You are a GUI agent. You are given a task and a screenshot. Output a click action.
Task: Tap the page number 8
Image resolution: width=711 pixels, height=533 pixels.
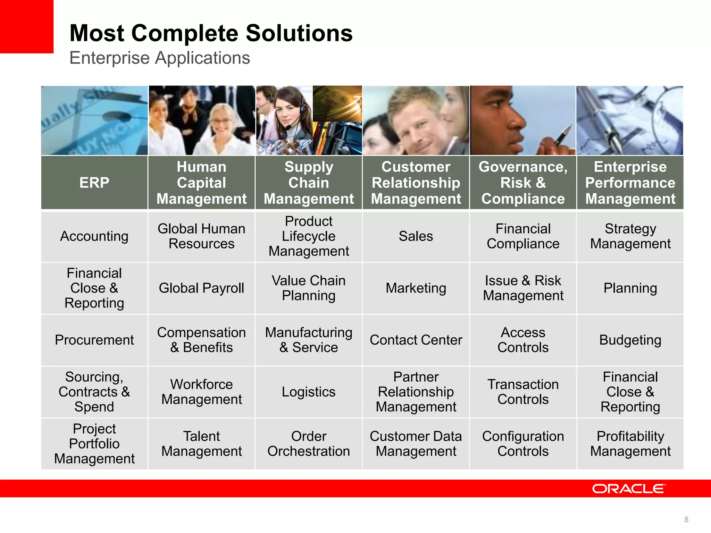coord(686,519)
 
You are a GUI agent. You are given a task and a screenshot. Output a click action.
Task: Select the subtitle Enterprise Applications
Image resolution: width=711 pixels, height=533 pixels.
coord(160,58)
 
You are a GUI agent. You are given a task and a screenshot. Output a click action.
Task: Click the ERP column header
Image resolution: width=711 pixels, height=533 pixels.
coord(94,183)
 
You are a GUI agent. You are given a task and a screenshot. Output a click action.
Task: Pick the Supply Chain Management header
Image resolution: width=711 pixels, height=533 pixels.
coord(309,183)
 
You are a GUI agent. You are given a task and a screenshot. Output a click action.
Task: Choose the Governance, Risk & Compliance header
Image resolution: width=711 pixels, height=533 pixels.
coord(523,183)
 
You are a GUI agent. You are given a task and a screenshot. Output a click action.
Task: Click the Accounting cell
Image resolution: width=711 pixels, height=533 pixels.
coord(94,236)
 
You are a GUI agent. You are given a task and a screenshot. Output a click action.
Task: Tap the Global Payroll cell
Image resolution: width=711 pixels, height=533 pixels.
coord(201,288)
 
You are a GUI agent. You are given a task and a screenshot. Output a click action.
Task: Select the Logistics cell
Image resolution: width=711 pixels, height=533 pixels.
coord(309,392)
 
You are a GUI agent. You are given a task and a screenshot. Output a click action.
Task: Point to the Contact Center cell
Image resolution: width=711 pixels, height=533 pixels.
coord(416,340)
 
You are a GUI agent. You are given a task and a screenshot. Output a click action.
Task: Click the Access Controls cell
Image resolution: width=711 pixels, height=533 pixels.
coord(523,340)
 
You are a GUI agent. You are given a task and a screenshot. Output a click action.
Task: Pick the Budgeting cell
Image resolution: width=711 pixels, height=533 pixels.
coord(630,340)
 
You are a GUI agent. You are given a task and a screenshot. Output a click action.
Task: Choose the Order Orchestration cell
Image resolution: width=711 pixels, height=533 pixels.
coord(309,444)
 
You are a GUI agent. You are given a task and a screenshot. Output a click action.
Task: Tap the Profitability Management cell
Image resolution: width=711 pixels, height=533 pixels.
coord(630,444)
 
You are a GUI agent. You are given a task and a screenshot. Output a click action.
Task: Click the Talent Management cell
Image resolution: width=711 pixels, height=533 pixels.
coord(201,444)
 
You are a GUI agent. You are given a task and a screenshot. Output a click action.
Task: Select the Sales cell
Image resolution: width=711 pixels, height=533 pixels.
coord(416,236)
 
